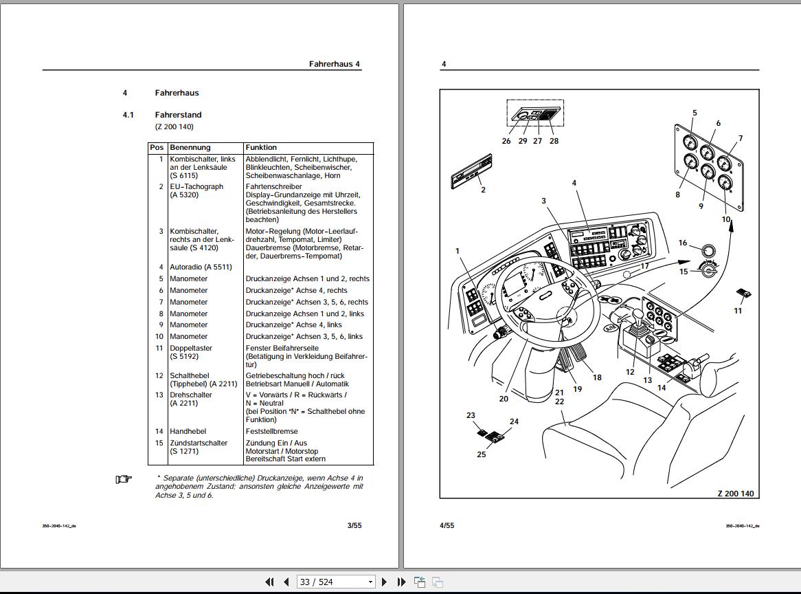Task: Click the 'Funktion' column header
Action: [261, 147]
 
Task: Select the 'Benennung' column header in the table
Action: [190, 147]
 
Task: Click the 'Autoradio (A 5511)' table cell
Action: [201, 267]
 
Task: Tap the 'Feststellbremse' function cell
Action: [272, 432]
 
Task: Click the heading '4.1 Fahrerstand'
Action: [178, 115]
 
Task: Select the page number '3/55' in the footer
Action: [354, 525]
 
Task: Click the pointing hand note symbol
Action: [123, 479]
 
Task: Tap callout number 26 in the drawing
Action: [506, 141]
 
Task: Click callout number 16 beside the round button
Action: [682, 243]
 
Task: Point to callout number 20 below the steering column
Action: [504, 398]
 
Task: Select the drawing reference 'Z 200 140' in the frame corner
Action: [736, 494]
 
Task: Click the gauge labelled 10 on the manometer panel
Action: [724, 184]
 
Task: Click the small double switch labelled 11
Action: [743, 294]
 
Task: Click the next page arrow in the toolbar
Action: [385, 582]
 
